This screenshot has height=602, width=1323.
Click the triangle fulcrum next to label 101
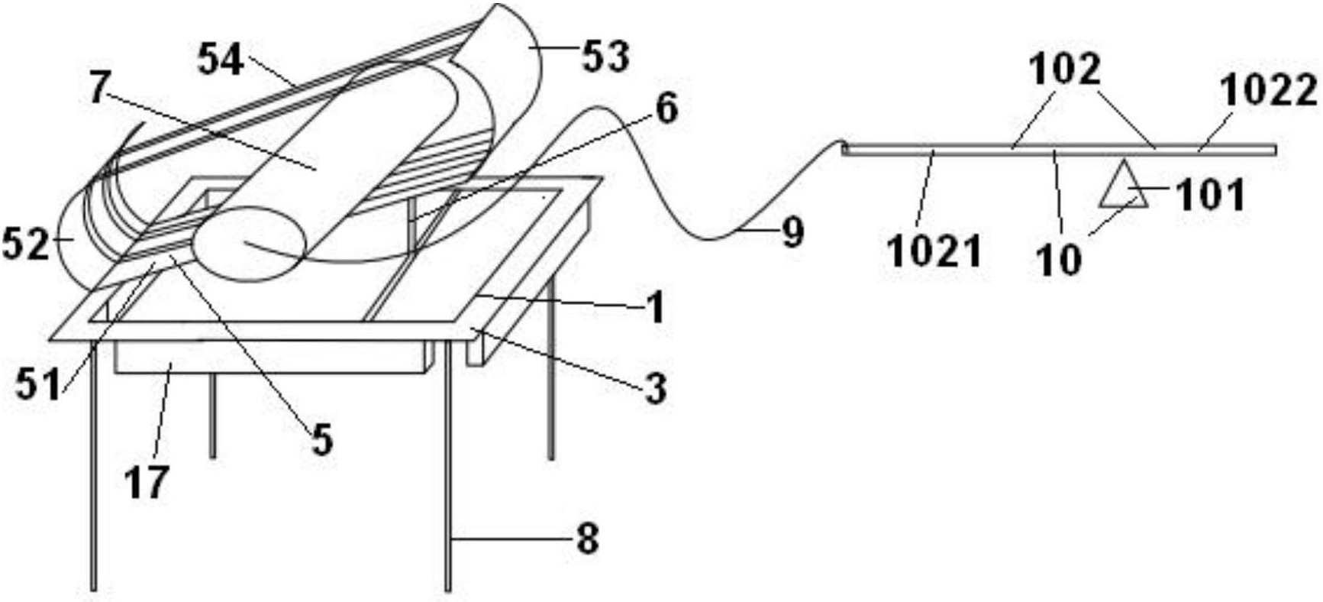(1122, 186)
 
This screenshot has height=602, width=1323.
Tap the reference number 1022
(1270, 92)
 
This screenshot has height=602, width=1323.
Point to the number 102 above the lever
(1065, 70)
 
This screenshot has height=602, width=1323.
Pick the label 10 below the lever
(1060, 259)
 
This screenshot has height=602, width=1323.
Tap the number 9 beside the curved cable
(792, 233)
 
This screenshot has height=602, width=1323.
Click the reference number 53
(606, 57)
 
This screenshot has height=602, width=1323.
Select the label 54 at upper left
(221, 60)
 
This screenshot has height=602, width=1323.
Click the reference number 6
(666, 109)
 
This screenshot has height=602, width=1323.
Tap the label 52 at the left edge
(25, 245)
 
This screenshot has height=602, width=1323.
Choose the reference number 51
(39, 387)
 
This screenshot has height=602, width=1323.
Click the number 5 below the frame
(322, 440)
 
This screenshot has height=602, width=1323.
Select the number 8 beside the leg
(587, 540)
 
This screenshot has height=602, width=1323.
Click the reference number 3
(655, 389)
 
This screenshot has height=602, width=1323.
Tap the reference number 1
(655, 309)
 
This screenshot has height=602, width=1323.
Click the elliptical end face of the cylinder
(249, 246)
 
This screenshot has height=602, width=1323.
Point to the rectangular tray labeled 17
(271, 357)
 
